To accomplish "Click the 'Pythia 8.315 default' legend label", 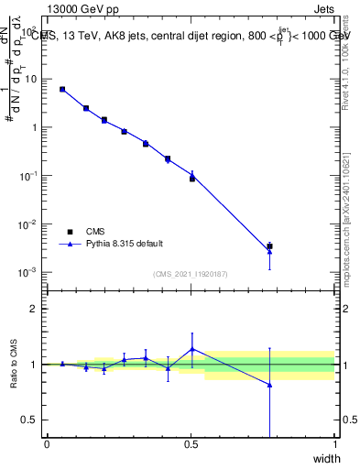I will pos(125,244).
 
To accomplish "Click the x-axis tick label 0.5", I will pos(191,445).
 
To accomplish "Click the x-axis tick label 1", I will pos(334,445).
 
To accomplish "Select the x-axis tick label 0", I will pos(47,445).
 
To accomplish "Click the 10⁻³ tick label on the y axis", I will pos(30,272).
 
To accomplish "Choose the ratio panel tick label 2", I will pos(36,309).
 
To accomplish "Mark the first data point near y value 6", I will pos(62,89).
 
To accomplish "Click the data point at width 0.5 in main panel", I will pos(192,177).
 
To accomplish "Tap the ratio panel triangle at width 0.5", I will pos(192,348).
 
